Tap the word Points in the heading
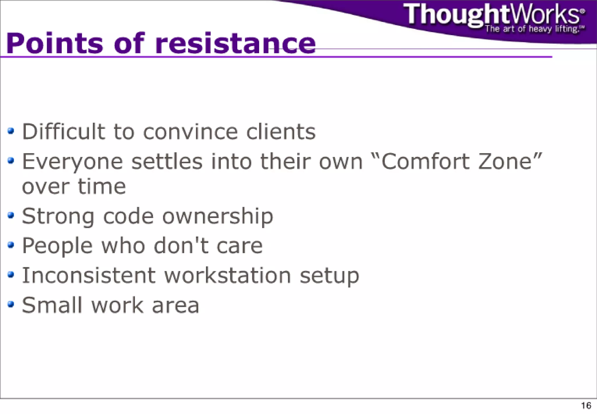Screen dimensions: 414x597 click(55, 44)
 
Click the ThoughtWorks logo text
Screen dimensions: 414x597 click(493, 15)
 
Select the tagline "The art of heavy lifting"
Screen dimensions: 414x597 click(532, 29)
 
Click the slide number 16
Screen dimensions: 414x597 click(586, 406)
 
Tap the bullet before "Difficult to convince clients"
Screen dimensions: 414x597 click(11, 131)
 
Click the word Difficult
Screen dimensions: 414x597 click(64, 132)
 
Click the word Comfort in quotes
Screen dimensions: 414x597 click(425, 161)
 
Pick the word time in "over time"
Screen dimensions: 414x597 click(102, 186)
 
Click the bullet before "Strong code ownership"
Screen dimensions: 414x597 click(11, 215)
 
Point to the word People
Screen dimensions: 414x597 click(57, 246)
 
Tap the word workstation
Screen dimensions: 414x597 click(228, 275)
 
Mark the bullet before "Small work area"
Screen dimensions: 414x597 click(11, 304)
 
